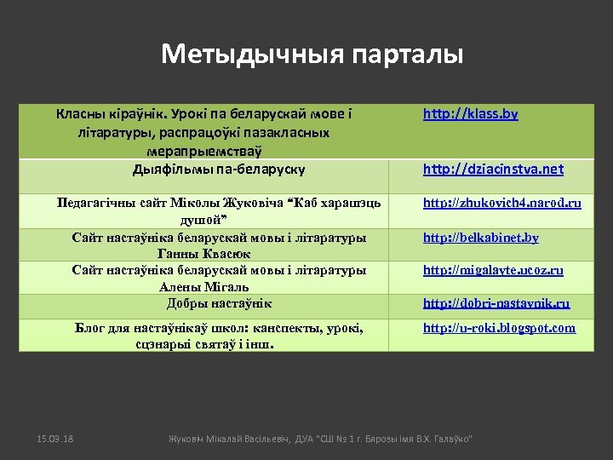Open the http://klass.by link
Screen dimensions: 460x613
(471, 113)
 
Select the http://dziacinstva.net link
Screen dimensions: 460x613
(493, 169)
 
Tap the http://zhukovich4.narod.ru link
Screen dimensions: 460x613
(502, 203)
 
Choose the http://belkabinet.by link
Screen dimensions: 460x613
(481, 238)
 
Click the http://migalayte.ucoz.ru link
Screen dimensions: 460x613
(493, 270)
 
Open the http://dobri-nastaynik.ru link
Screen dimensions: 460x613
(496, 302)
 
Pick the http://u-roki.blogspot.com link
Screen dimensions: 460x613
(499, 328)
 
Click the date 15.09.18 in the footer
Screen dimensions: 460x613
(55, 438)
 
